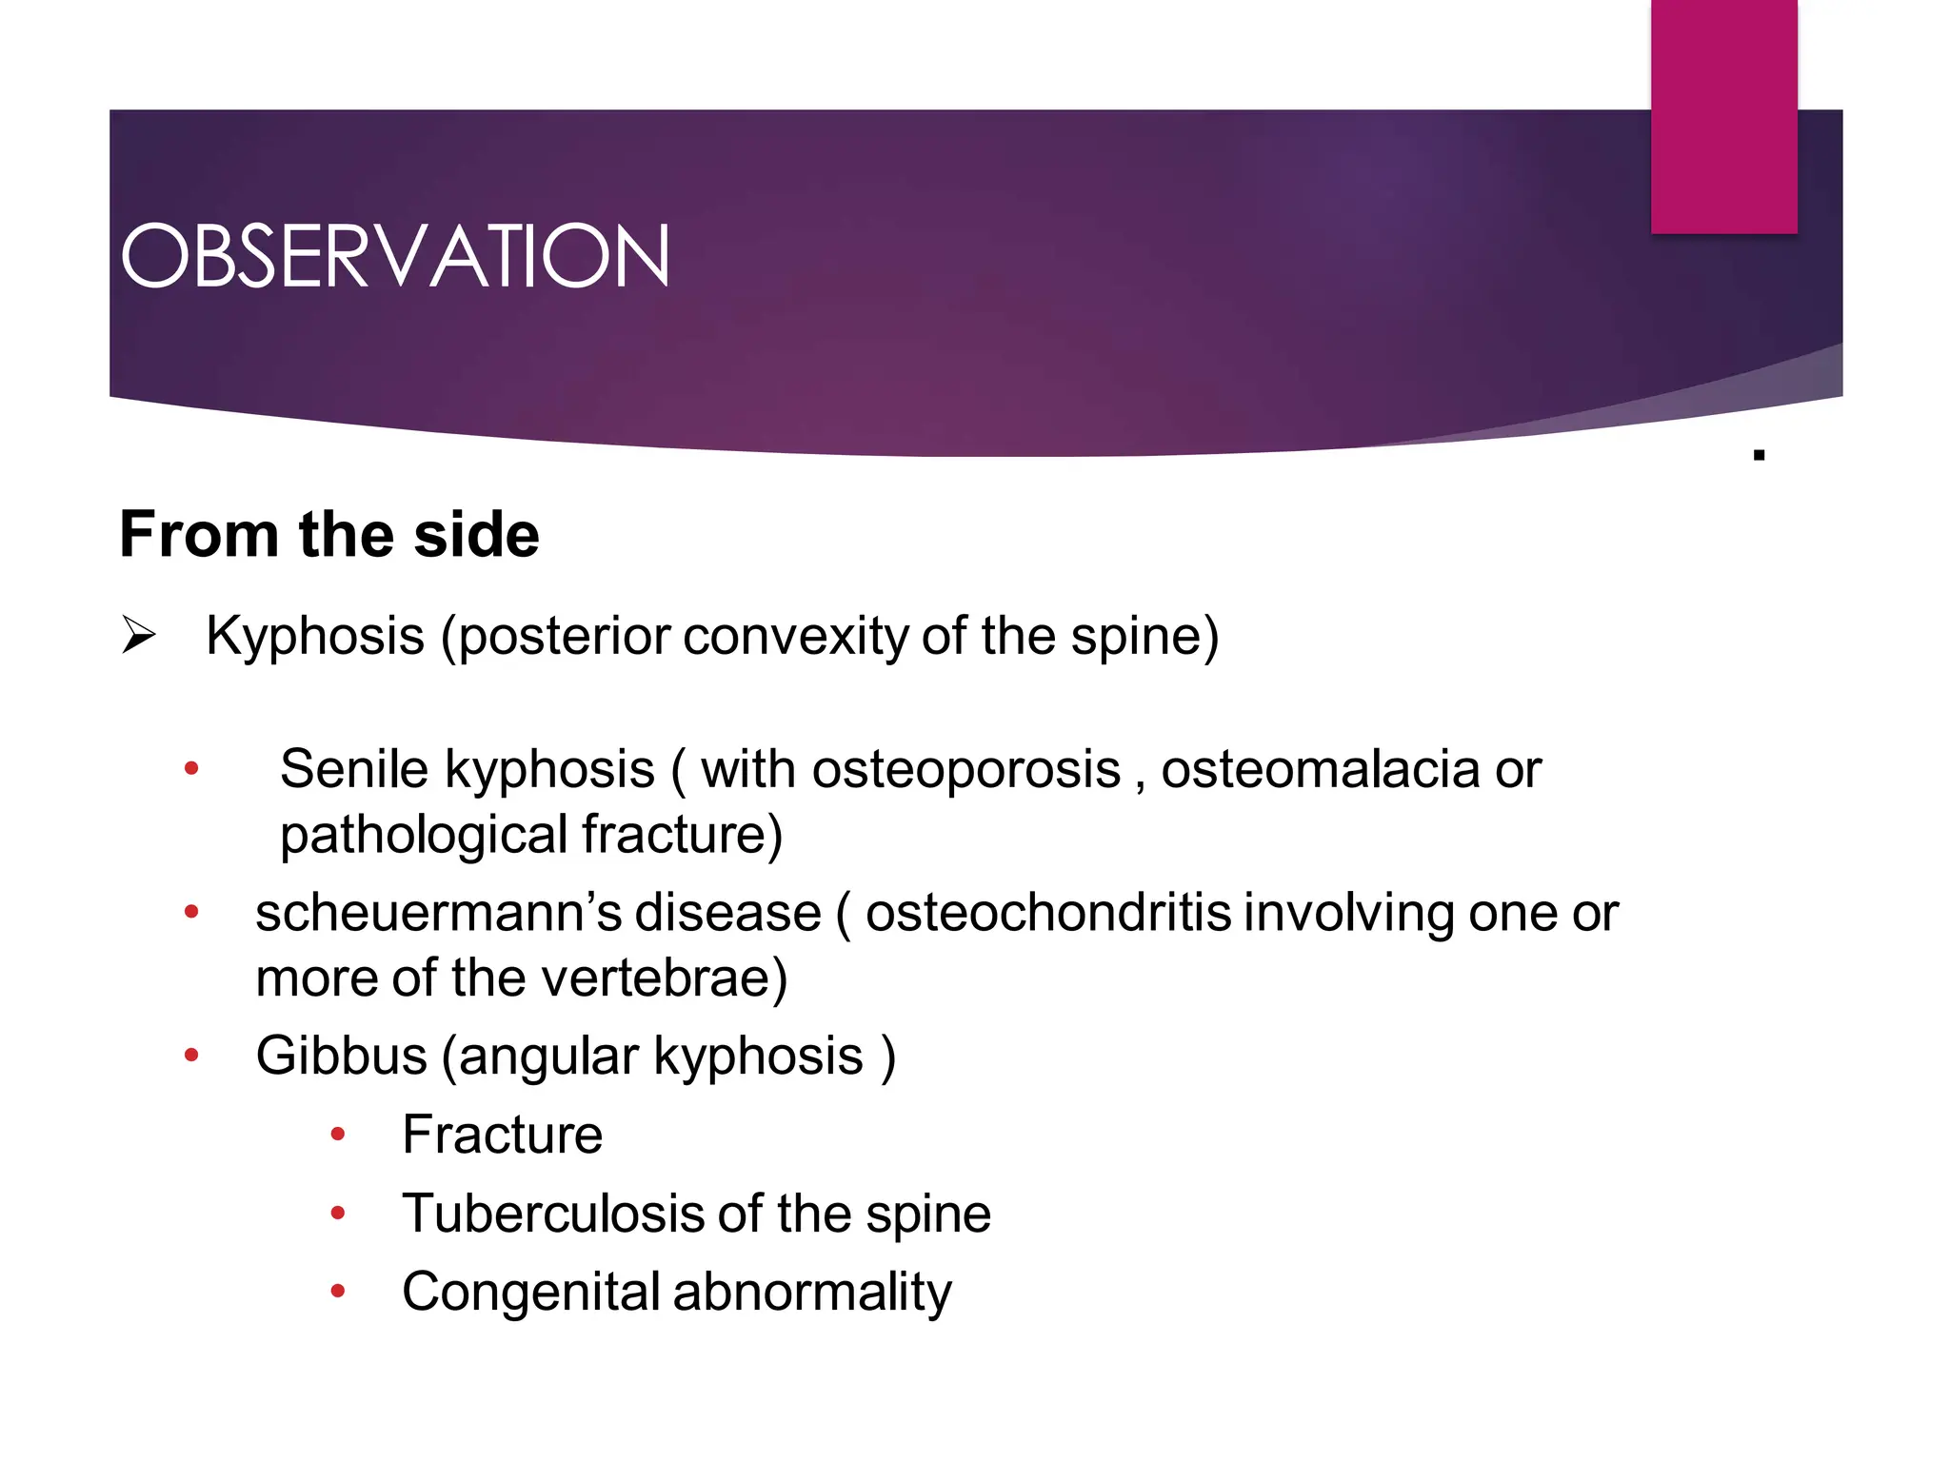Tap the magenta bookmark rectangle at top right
tap(1723, 116)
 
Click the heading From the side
tap(329, 534)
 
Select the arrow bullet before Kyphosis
tap(139, 635)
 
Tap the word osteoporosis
tap(965, 768)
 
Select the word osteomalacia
tap(1320, 768)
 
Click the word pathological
tap(424, 835)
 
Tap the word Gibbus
tap(341, 1056)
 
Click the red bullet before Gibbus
tap(191, 1056)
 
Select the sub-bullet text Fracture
tap(502, 1135)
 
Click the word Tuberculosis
tap(553, 1214)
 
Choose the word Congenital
tap(530, 1292)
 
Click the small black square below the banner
tap(1759, 455)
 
